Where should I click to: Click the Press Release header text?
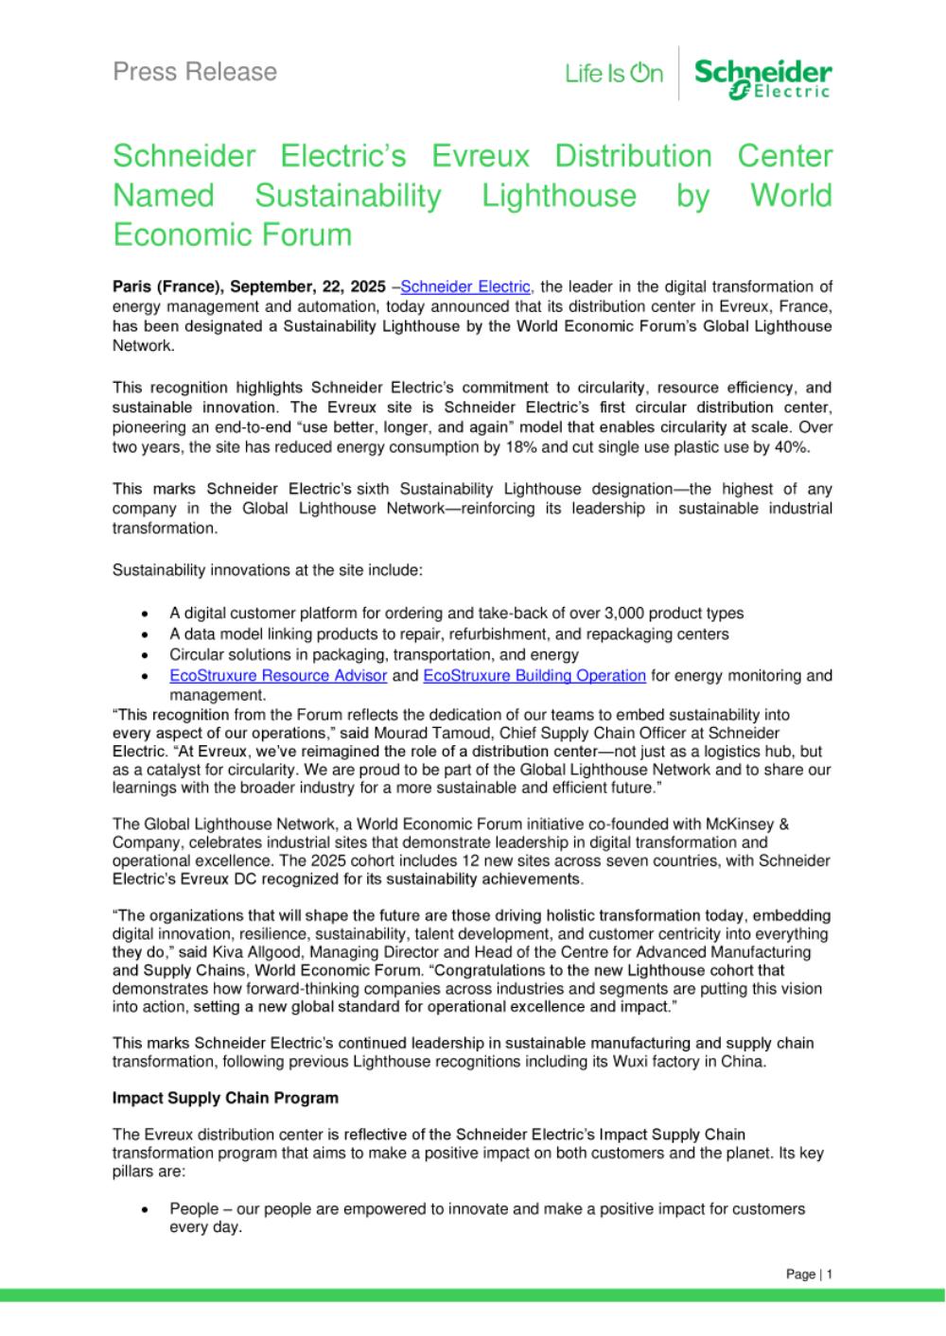tap(195, 72)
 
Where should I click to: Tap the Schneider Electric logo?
tap(762, 78)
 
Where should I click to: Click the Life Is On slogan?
tap(614, 74)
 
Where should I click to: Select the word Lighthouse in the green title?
tap(558, 196)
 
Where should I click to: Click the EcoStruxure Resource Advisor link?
tap(278, 676)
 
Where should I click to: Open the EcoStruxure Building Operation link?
tap(534, 676)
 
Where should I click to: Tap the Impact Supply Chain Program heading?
tap(225, 1099)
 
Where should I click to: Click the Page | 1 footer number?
tap(809, 1275)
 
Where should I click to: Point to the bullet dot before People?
tap(145, 1210)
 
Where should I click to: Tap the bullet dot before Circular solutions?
tap(145, 655)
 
